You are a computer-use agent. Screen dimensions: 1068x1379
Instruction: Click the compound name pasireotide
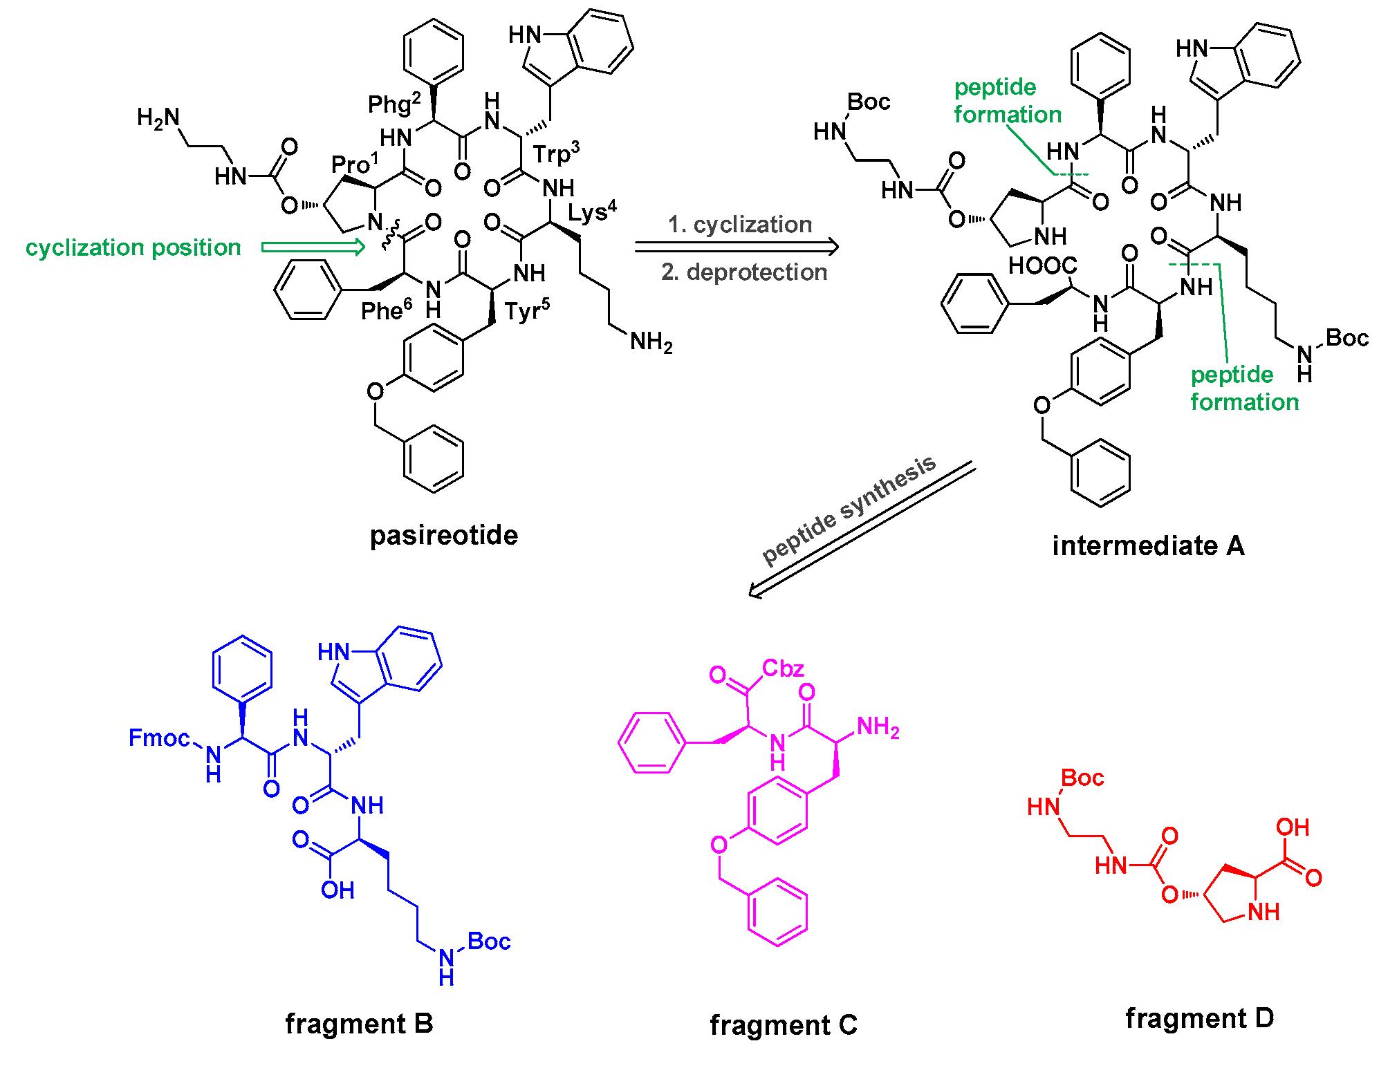(443, 536)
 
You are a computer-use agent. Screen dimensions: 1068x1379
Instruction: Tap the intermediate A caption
(1148, 546)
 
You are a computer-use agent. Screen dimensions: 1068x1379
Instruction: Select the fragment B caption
(359, 1024)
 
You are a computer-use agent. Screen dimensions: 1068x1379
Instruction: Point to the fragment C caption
(784, 1025)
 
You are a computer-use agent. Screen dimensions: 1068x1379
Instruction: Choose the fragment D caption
(1200, 1018)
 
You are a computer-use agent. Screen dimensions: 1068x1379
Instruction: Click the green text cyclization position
(133, 247)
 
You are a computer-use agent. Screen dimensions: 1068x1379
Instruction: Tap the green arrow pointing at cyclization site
(313, 247)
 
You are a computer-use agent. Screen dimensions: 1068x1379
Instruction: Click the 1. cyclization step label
(739, 225)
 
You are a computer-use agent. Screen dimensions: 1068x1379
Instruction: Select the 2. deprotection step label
(744, 272)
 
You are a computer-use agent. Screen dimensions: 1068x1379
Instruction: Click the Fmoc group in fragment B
(158, 738)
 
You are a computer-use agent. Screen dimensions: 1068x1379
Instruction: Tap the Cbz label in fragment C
(783, 668)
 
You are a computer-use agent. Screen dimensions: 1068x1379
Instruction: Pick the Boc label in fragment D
(1082, 778)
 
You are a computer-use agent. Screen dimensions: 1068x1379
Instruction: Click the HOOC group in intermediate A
(1042, 265)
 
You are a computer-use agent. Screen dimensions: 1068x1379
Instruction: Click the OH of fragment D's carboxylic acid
(1293, 827)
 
